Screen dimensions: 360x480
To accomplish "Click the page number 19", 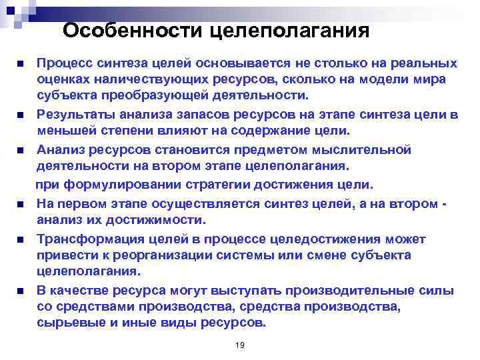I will (240, 344).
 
